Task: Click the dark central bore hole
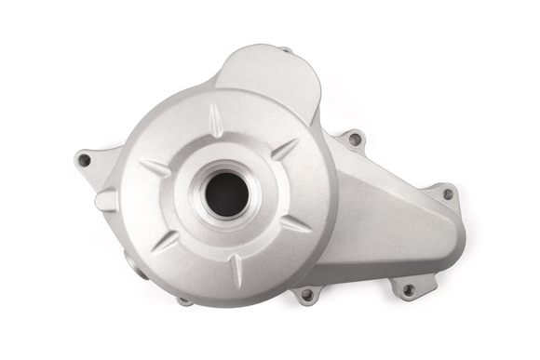point(226,193)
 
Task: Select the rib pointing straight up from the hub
point(217,118)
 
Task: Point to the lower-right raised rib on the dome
point(295,223)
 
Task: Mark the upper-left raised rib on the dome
point(155,168)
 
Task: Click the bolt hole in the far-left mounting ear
point(84,160)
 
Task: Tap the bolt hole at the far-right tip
point(448,194)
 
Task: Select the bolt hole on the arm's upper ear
point(355,140)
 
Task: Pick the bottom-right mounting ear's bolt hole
point(407,289)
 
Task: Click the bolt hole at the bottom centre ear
point(306,296)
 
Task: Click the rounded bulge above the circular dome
point(270,74)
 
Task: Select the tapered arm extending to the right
point(391,223)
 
